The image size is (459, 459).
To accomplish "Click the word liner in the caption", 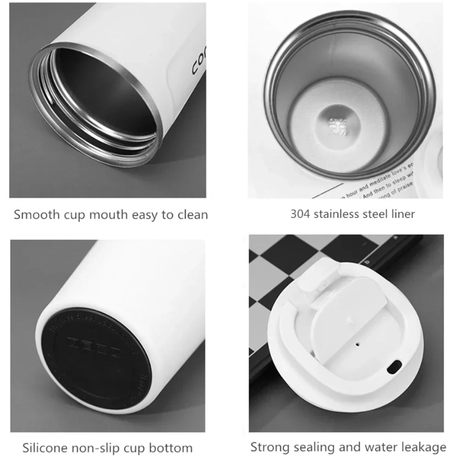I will coord(402,213).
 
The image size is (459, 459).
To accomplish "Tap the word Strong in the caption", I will coord(268,447).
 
